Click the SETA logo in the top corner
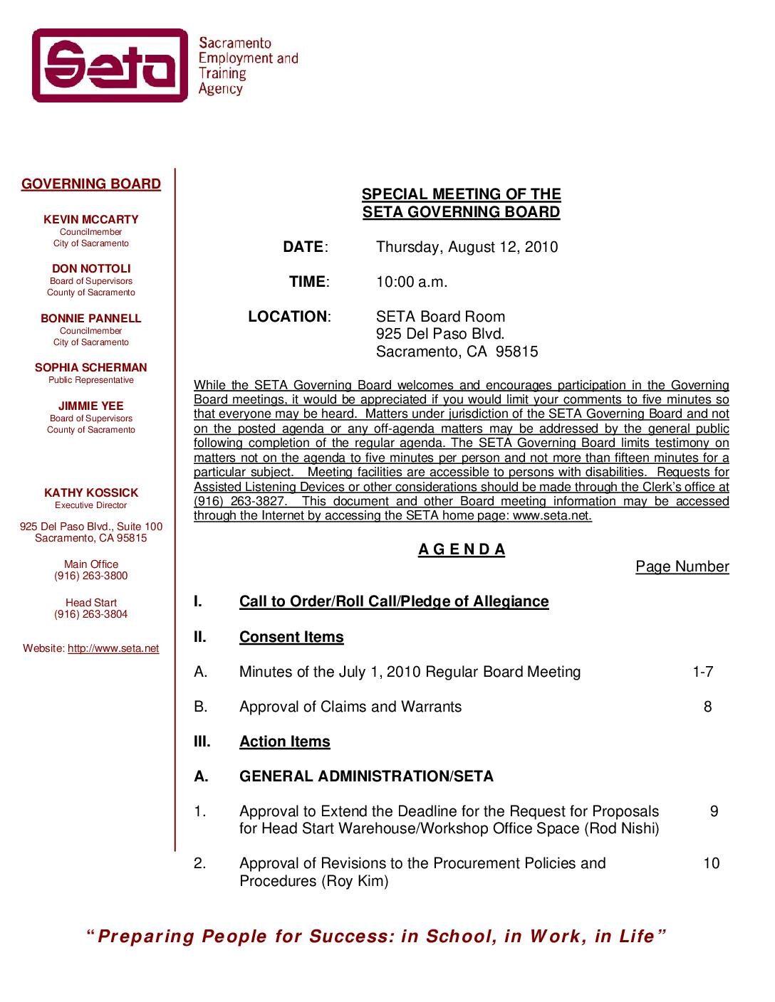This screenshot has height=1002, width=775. [110, 65]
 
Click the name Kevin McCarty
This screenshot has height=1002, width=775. [91, 219]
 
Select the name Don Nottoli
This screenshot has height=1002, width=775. [91, 268]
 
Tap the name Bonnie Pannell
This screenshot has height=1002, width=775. [91, 318]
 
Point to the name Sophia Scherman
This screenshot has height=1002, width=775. [91, 367]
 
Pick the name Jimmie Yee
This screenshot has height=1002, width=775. [91, 406]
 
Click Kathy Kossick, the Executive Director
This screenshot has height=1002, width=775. [91, 492]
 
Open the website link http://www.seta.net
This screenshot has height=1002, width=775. [113, 648]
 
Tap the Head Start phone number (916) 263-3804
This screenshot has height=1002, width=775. [91, 614]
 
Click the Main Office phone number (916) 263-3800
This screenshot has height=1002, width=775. [91, 576]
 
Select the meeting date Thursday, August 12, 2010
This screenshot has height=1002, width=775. [467, 247]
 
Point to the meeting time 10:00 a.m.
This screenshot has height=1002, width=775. [412, 282]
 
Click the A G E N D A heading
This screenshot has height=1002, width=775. [462, 549]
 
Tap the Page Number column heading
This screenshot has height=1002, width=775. [682, 566]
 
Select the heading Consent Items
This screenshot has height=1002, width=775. [291, 637]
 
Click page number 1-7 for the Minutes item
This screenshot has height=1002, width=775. [702, 672]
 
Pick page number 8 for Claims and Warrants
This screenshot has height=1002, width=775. [707, 707]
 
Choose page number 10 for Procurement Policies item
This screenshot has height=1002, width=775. [711, 863]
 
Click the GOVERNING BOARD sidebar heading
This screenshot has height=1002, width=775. [91, 184]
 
